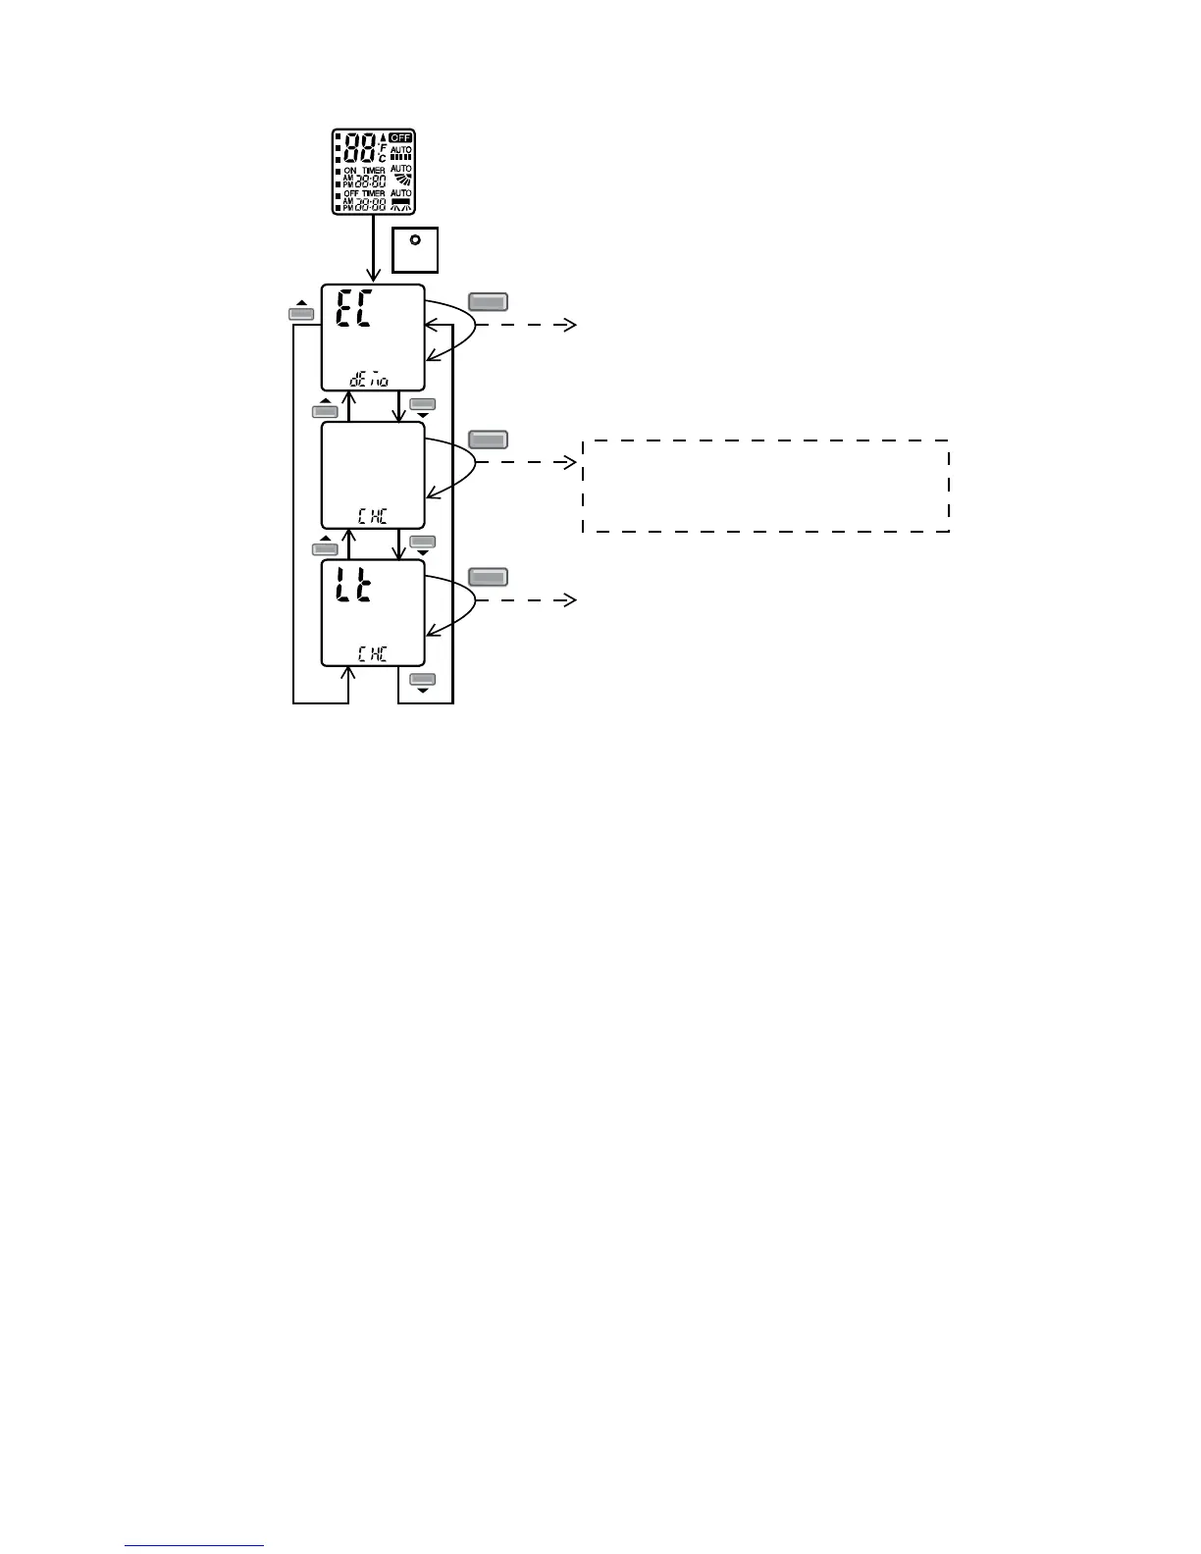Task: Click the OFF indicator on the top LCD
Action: click(400, 137)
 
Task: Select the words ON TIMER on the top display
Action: click(364, 171)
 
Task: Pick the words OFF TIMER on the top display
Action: click(364, 194)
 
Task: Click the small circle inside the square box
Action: click(414, 239)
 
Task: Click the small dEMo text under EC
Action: click(369, 379)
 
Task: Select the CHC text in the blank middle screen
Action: click(372, 517)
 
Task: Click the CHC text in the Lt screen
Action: click(372, 654)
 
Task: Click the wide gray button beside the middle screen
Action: click(489, 440)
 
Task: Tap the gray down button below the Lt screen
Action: click(422, 679)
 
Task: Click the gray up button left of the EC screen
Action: click(301, 314)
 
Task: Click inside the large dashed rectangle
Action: click(765, 487)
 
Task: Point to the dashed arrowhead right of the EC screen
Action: click(571, 326)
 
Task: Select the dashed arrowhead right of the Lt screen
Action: click(571, 599)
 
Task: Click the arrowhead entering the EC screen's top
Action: click(373, 277)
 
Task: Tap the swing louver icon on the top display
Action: click(400, 180)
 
